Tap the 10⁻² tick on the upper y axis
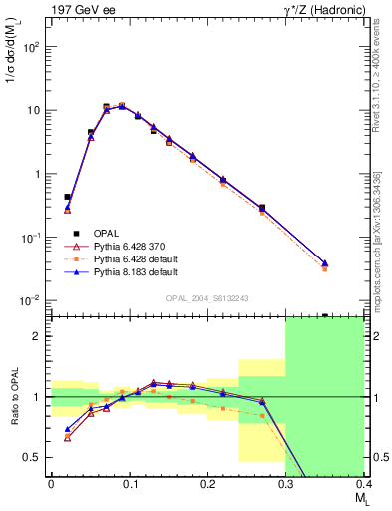point(34,301)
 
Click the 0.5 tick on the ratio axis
point(36,458)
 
